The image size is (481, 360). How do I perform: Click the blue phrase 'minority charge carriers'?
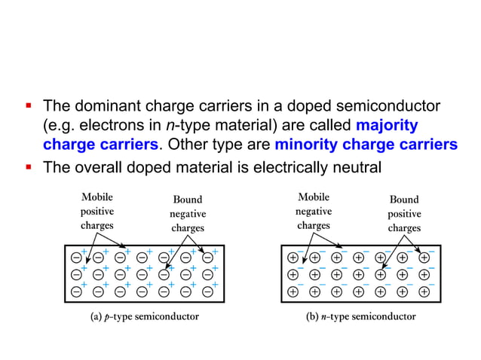coord(366,145)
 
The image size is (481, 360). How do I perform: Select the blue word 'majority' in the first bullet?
coord(386,125)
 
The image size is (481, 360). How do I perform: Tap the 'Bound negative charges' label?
coord(188,214)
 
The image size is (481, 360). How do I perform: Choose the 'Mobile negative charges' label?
coord(313,212)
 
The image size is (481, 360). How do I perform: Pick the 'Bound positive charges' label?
coord(404,214)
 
